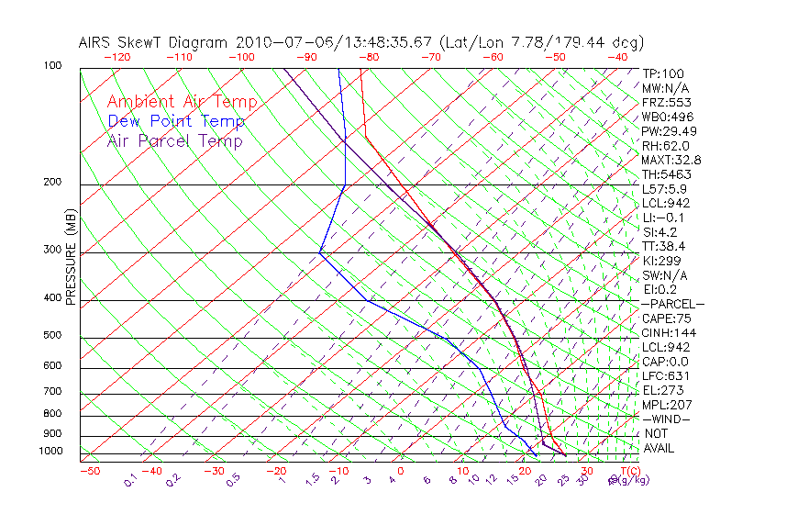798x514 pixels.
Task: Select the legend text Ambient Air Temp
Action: [x=182, y=102]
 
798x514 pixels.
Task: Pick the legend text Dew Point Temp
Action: [x=176, y=121]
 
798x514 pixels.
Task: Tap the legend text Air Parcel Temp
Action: [x=174, y=140]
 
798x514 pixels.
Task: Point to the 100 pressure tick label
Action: [x=51, y=66]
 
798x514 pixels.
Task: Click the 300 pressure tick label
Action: [x=51, y=250]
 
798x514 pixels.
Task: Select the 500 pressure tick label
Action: [x=51, y=335]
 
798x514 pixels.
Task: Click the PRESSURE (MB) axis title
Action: [x=70, y=256]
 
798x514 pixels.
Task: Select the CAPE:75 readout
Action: [x=666, y=318]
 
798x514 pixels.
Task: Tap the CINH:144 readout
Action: [x=666, y=332]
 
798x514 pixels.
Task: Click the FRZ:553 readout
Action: [x=664, y=102]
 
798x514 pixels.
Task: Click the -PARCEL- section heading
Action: [x=672, y=304]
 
